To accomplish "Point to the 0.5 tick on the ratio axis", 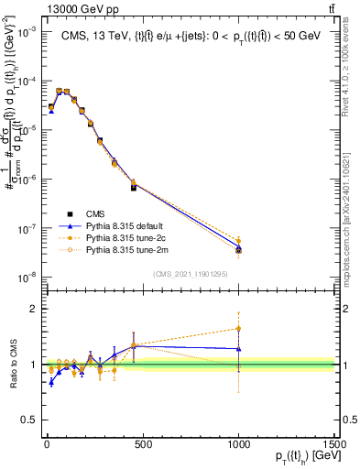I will [x=29, y=420].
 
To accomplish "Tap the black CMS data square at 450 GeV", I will [x=134, y=188].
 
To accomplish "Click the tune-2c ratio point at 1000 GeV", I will [x=238, y=328].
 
